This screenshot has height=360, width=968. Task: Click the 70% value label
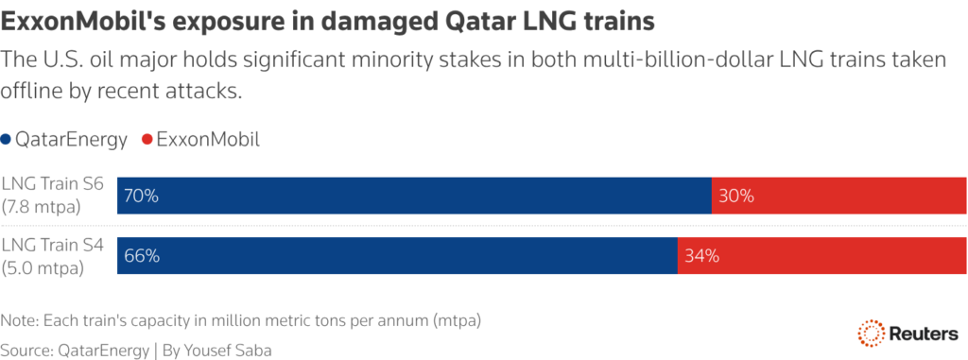click(x=140, y=197)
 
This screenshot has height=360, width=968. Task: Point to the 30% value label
click(x=735, y=197)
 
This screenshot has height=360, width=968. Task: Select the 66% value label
click(x=140, y=255)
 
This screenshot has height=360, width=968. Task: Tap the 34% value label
click(x=701, y=255)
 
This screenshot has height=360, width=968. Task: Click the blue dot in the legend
click(x=8, y=140)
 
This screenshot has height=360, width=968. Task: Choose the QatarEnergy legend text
click(x=71, y=140)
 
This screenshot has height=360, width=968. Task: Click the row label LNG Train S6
click(x=52, y=185)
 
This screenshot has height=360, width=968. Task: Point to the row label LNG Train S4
click(x=52, y=244)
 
